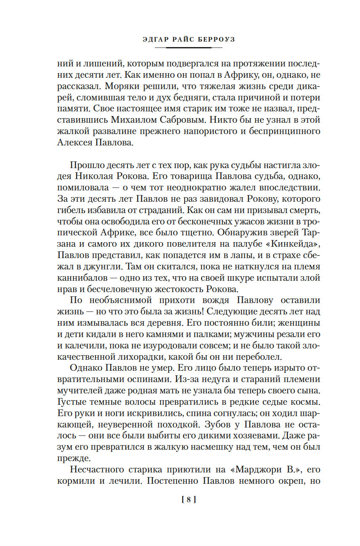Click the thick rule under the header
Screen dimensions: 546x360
pos(188,47)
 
